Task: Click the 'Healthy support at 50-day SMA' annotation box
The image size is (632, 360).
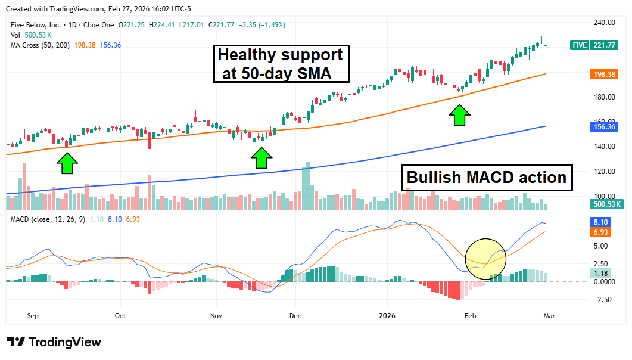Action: point(280,64)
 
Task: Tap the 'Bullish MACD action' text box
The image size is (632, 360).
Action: point(486,177)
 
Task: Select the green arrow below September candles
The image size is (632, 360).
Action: point(67,162)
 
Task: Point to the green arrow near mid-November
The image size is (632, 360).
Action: point(261,157)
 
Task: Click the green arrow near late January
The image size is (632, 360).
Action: point(459,115)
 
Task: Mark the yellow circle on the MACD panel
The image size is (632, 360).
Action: point(485,258)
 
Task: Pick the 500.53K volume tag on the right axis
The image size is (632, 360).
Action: point(605,204)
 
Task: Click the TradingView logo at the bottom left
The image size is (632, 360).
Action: point(54,342)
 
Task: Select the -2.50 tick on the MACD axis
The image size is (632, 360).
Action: point(602,300)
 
